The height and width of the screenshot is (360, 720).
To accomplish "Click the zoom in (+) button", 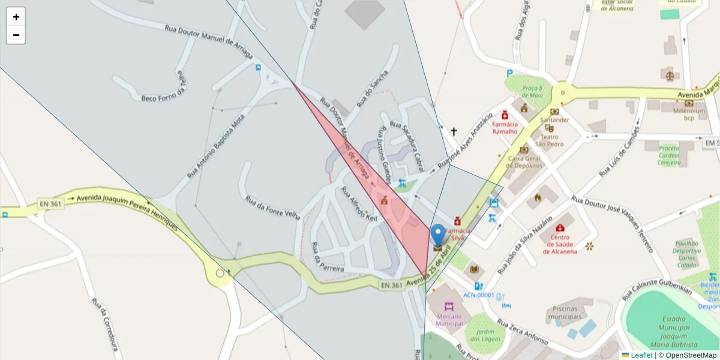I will (x=16, y=17).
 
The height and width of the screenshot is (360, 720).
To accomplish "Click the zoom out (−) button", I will (x=16, y=35).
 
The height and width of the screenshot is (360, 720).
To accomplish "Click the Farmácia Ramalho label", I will (x=505, y=128).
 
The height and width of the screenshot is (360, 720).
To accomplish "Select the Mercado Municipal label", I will (x=449, y=320).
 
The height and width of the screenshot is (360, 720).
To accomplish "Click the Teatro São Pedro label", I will (x=549, y=140).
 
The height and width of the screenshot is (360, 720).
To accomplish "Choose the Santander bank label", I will (x=554, y=119).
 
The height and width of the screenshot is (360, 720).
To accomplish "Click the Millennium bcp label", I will (x=688, y=114).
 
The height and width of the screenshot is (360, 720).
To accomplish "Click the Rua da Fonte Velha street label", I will (x=272, y=208).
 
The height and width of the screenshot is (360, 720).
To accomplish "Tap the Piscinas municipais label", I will (x=565, y=313).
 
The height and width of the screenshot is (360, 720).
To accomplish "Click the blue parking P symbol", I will (x=510, y=73).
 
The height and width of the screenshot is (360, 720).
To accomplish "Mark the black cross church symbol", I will (x=454, y=131).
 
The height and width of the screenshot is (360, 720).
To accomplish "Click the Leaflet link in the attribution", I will (x=641, y=355).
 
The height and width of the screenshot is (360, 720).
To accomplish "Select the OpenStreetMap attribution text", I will (x=689, y=355).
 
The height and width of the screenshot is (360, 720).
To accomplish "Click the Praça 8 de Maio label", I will (x=532, y=91).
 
